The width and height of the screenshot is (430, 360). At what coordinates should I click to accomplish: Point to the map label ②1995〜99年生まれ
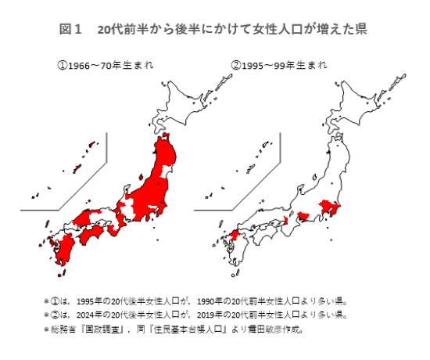coord(279,66)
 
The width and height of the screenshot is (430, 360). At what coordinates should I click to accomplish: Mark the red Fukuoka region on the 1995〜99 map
coord(234,236)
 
